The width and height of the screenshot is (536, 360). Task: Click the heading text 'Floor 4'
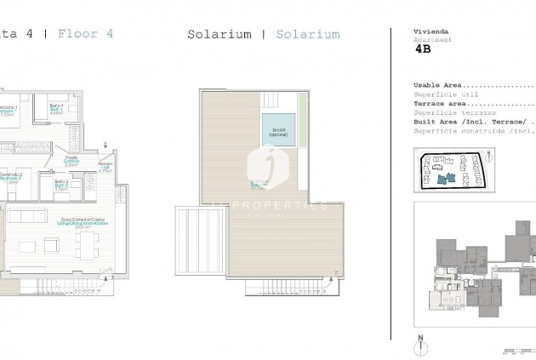85,35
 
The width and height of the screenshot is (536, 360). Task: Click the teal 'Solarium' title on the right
309,35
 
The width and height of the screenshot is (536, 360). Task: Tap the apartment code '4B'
422,50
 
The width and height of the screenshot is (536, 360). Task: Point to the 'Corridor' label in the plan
72,160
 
